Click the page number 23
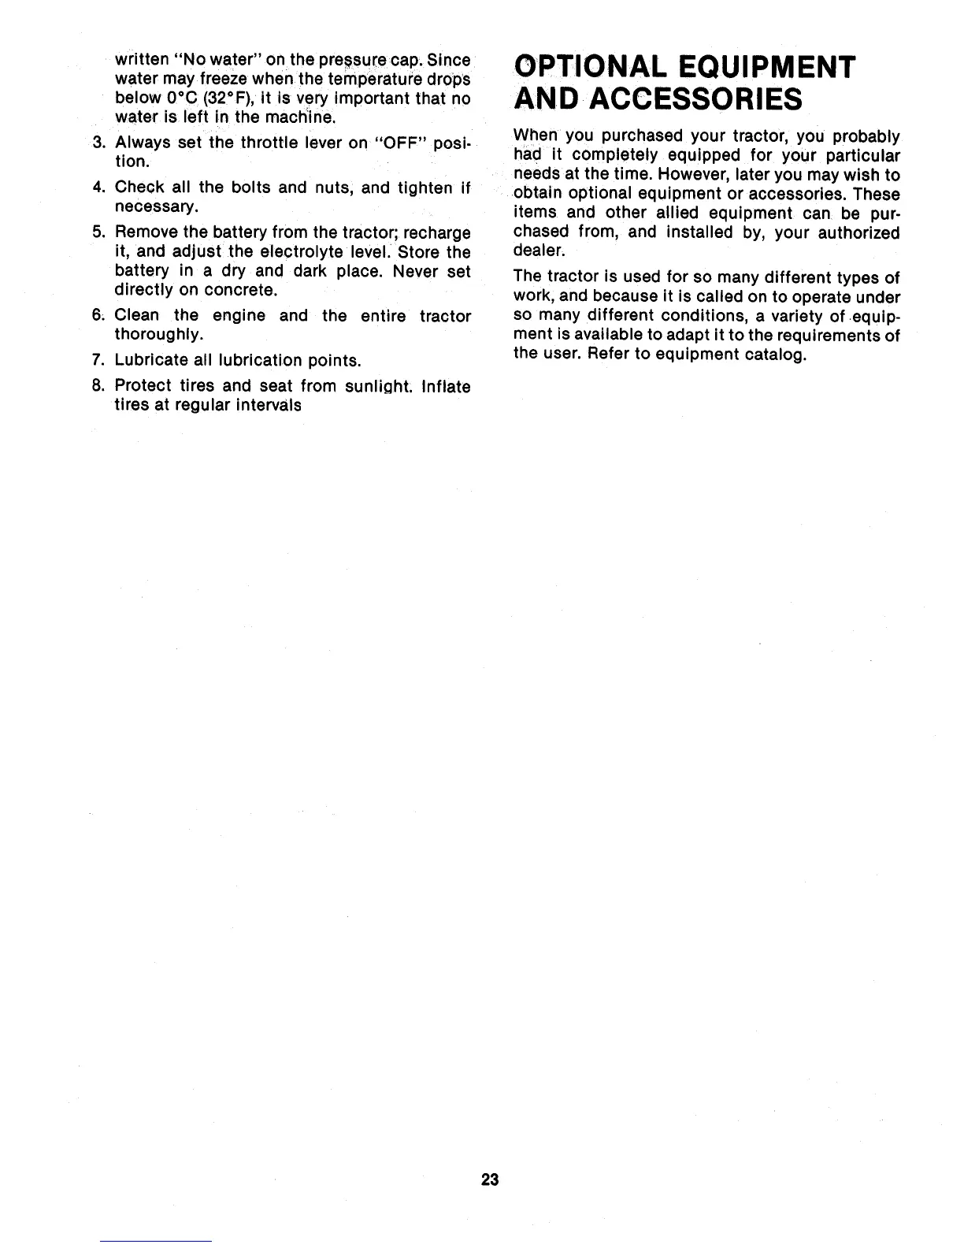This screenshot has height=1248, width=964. click(x=490, y=1179)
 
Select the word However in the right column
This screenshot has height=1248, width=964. click(x=666, y=175)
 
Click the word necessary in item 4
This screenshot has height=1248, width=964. click(x=155, y=207)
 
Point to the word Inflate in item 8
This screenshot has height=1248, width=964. click(x=446, y=386)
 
